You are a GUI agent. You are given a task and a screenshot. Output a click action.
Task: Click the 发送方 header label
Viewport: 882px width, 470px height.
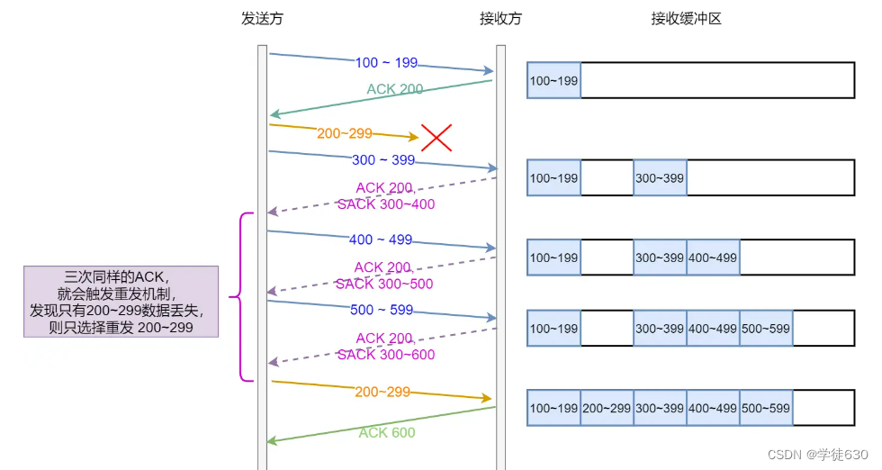pyautogui.click(x=262, y=19)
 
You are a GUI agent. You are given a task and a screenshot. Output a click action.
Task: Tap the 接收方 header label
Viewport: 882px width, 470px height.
pyautogui.click(x=500, y=19)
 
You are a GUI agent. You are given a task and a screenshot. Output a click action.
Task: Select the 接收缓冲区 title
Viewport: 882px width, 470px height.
pyautogui.click(x=686, y=19)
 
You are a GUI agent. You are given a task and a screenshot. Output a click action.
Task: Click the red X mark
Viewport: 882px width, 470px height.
pyautogui.click(x=436, y=138)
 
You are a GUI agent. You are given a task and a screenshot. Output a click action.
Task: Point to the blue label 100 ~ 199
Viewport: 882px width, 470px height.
pyautogui.click(x=386, y=62)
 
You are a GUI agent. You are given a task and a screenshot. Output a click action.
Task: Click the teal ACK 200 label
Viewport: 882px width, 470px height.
pyautogui.click(x=395, y=89)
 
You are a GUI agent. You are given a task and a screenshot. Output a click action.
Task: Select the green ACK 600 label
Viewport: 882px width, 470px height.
pyautogui.click(x=387, y=432)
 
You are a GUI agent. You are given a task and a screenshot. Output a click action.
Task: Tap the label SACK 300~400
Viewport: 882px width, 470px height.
pyautogui.click(x=386, y=204)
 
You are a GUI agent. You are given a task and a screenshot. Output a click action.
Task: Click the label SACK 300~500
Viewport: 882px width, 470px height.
pyautogui.click(x=384, y=284)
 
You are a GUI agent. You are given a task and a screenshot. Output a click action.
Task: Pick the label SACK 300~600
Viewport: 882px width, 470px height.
pyautogui.click(x=386, y=355)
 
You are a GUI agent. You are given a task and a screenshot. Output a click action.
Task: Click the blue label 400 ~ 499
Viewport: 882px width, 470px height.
pyautogui.click(x=381, y=240)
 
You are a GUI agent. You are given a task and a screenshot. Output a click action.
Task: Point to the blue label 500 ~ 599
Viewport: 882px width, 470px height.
pyautogui.click(x=382, y=310)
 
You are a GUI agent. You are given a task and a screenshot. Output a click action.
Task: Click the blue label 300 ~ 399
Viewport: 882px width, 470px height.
pyautogui.click(x=383, y=160)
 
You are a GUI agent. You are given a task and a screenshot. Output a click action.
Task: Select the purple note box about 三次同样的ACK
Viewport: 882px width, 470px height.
pyautogui.click(x=121, y=302)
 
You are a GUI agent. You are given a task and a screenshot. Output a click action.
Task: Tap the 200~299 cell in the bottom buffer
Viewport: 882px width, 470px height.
pyautogui.click(x=607, y=408)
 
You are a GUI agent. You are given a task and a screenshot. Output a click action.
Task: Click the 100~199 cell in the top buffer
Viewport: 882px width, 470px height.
pyautogui.click(x=554, y=80)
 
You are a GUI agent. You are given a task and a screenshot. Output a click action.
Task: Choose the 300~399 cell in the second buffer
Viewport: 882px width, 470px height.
pyautogui.click(x=660, y=178)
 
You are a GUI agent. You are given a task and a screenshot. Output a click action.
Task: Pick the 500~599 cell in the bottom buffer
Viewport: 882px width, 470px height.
pyautogui.click(x=766, y=408)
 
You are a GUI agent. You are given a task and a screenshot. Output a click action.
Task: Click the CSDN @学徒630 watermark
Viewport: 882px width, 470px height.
pyautogui.click(x=818, y=455)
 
